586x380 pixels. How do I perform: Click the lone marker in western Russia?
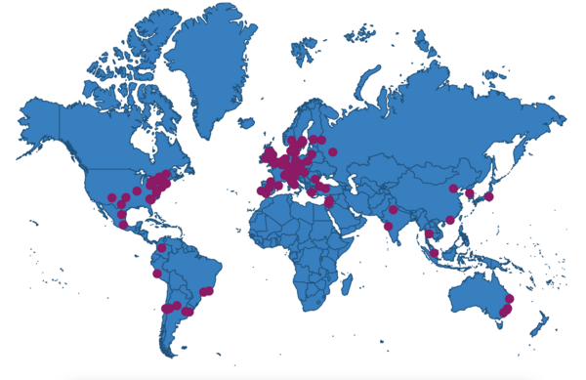point(332,151)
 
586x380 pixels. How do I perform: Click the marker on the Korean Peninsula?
point(470,193)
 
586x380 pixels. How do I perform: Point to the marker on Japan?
point(489,196)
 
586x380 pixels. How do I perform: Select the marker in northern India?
point(393,209)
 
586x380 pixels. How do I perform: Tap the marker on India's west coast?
point(388,227)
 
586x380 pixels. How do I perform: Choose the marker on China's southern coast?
point(449,220)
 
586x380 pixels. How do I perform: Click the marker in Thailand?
point(429,233)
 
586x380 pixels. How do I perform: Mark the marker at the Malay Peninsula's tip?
point(434,253)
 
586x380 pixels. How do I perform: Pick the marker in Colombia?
point(162,247)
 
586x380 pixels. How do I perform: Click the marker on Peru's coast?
point(157,274)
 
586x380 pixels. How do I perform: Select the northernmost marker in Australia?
point(510,297)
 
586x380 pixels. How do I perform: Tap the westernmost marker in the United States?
point(111,198)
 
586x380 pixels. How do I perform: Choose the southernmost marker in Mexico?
point(124,224)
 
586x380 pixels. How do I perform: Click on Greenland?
point(210,68)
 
